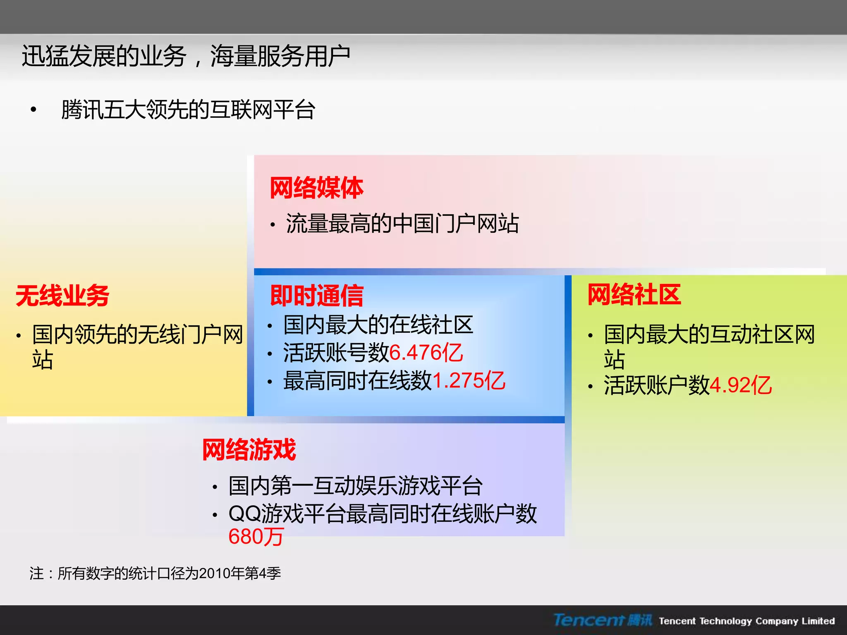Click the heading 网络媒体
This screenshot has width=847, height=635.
pos(316,188)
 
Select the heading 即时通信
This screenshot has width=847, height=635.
pos(316,296)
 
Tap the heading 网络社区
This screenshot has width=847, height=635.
pos(634,295)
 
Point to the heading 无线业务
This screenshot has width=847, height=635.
pos(62,296)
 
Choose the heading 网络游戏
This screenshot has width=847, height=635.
pos(249,450)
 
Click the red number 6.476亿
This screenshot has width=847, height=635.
pos(426,353)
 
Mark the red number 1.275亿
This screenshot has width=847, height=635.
pos(469,381)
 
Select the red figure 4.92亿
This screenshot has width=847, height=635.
pos(740,385)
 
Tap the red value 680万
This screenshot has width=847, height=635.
pos(256,537)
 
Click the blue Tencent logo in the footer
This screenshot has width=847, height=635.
pos(602,620)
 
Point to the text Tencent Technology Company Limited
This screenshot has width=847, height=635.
pos(747,621)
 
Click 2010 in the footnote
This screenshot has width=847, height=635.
pos(214,573)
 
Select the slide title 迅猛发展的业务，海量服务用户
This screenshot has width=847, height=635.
pos(186,56)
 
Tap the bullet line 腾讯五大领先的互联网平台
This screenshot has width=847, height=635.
pos(188,110)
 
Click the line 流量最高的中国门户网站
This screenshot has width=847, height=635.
pos(402,224)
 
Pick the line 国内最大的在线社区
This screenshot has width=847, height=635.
pos(378,325)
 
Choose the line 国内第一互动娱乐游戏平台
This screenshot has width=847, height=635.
pos(356,486)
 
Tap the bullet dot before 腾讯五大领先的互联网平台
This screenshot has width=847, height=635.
pos(33,110)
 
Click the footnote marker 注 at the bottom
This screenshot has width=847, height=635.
pos(37,573)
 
